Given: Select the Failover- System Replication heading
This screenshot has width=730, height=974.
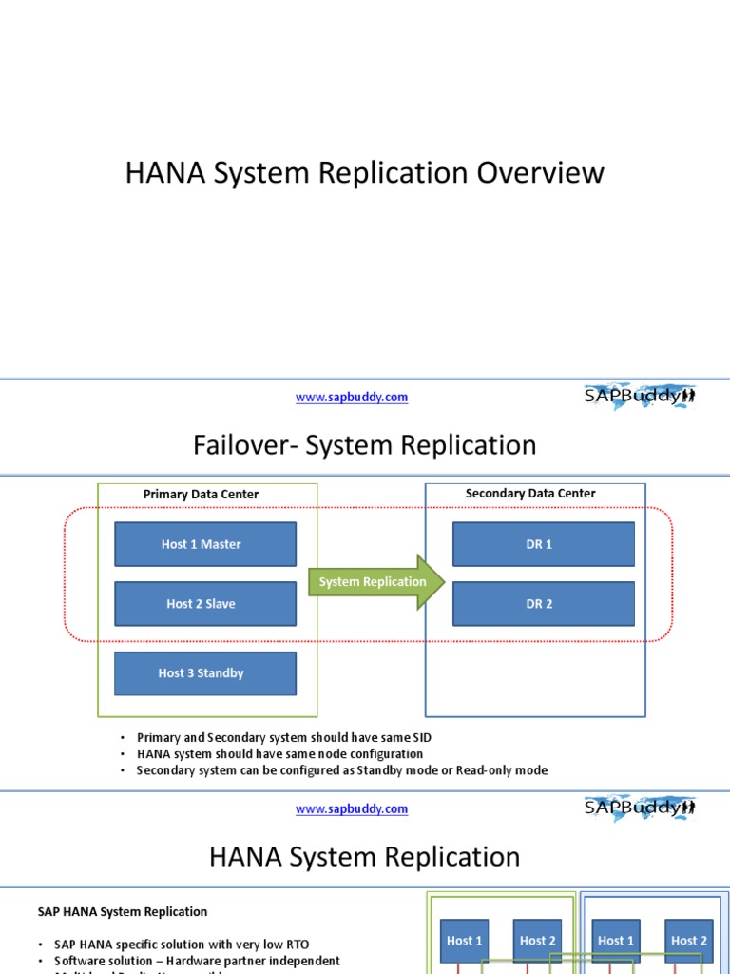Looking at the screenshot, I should click(365, 445).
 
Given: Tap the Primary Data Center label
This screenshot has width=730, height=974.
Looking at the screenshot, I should click(201, 495).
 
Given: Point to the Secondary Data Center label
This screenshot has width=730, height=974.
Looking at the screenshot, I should click(530, 494).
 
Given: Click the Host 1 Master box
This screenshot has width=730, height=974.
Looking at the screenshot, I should click(205, 544).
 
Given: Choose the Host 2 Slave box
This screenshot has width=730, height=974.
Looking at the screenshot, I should click(205, 604).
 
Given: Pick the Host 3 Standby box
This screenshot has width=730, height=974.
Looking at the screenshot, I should click(205, 673).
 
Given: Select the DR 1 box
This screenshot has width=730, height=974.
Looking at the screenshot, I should click(543, 544).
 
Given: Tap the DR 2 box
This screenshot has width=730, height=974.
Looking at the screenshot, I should click(543, 604).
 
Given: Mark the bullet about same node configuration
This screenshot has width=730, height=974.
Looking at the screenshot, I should click(279, 754).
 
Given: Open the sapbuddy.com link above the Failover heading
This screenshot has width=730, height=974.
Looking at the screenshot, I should click(352, 398).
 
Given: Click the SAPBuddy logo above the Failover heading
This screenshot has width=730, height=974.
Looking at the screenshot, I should click(639, 397).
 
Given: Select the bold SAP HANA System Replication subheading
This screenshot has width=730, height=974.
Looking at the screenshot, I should click(123, 911).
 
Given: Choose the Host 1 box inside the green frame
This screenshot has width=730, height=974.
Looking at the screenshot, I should click(465, 941).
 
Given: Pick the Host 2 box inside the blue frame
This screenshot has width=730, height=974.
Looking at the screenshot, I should click(689, 941).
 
